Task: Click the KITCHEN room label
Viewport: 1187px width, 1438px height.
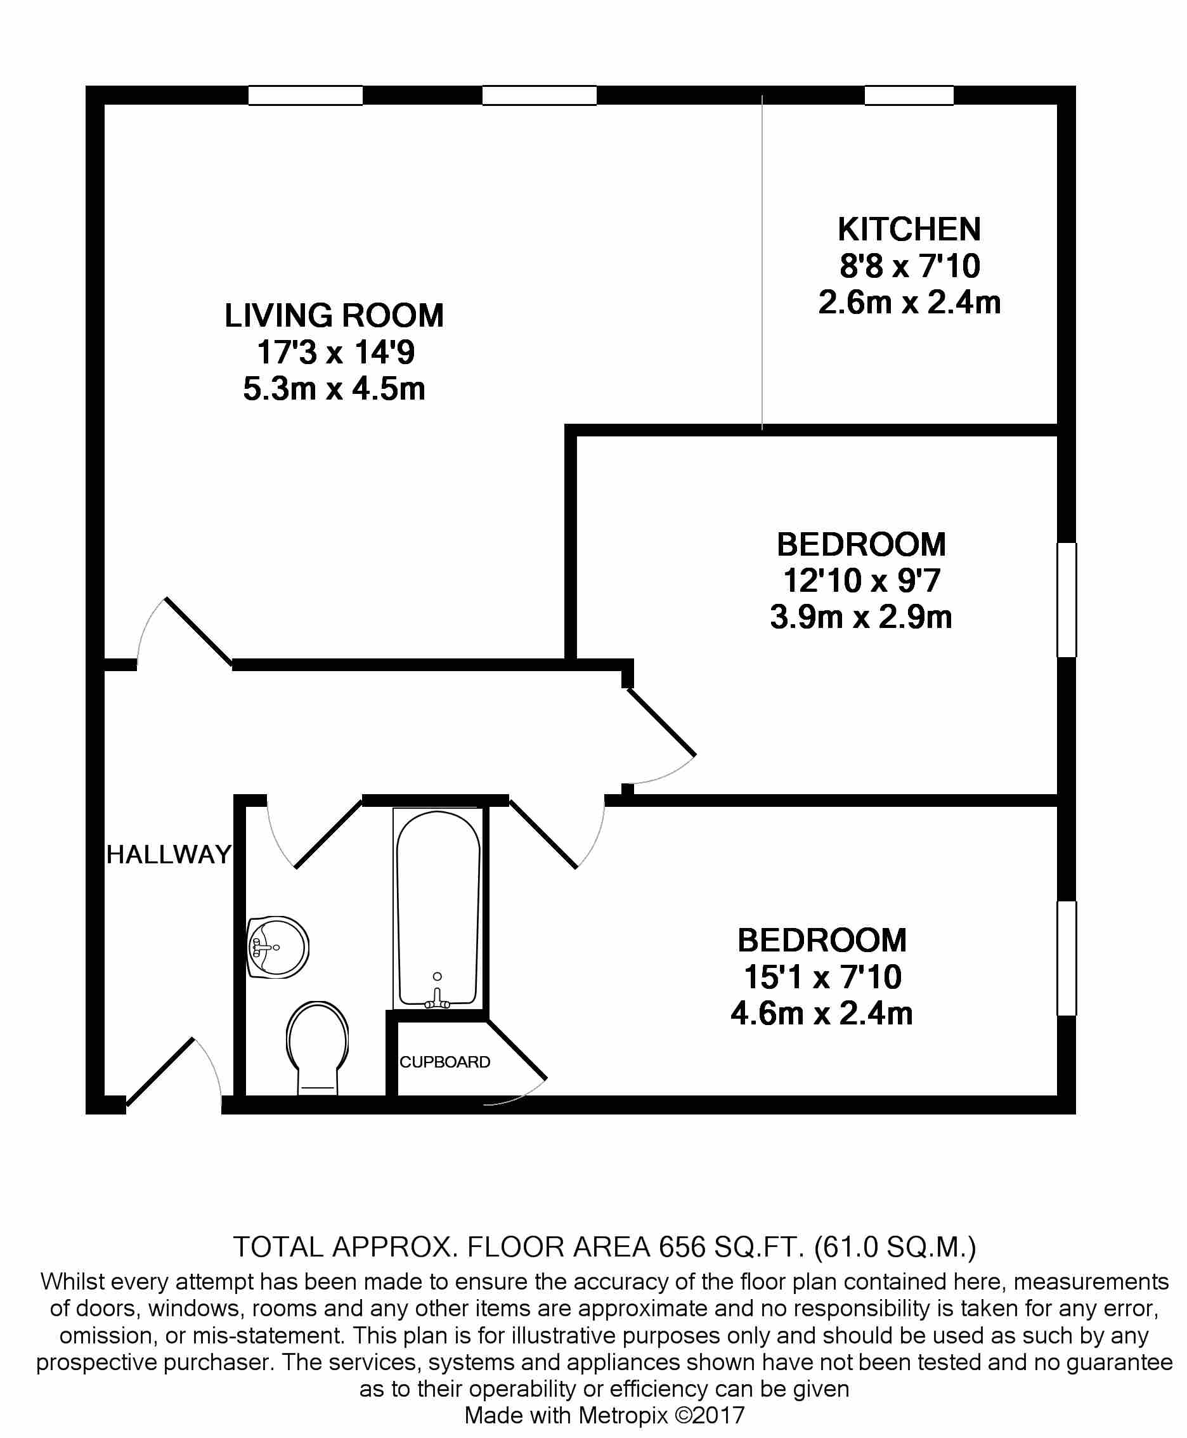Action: pyautogui.click(x=909, y=229)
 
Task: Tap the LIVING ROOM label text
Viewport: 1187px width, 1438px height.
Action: pyautogui.click(x=334, y=315)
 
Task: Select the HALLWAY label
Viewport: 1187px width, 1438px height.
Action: pyautogui.click(x=169, y=854)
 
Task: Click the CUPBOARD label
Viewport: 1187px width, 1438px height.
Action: pyautogui.click(x=445, y=1062)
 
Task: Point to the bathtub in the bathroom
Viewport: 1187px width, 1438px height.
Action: pyautogui.click(x=438, y=908)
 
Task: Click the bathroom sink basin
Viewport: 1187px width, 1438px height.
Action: pyautogui.click(x=278, y=947)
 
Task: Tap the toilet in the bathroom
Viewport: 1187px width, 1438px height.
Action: pyautogui.click(x=317, y=1047)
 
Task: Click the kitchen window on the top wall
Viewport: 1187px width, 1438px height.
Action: pyautogui.click(x=909, y=95)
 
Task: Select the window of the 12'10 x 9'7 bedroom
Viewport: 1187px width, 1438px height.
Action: pyautogui.click(x=1067, y=600)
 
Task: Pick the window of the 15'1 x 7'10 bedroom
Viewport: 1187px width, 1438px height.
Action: pyautogui.click(x=1067, y=958)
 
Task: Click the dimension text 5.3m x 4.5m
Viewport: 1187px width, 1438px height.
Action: pyautogui.click(x=334, y=389)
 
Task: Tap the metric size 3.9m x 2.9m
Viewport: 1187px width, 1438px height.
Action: pyautogui.click(x=861, y=617)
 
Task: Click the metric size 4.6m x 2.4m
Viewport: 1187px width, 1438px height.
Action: pyautogui.click(x=822, y=1013)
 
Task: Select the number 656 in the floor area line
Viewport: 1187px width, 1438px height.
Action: pyautogui.click(x=682, y=1247)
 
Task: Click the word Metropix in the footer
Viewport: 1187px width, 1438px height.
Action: pyautogui.click(x=623, y=1415)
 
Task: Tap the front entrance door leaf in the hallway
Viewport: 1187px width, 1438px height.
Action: pyautogui.click(x=160, y=1071)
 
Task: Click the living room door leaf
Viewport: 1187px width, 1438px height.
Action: pyautogui.click(x=199, y=631)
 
